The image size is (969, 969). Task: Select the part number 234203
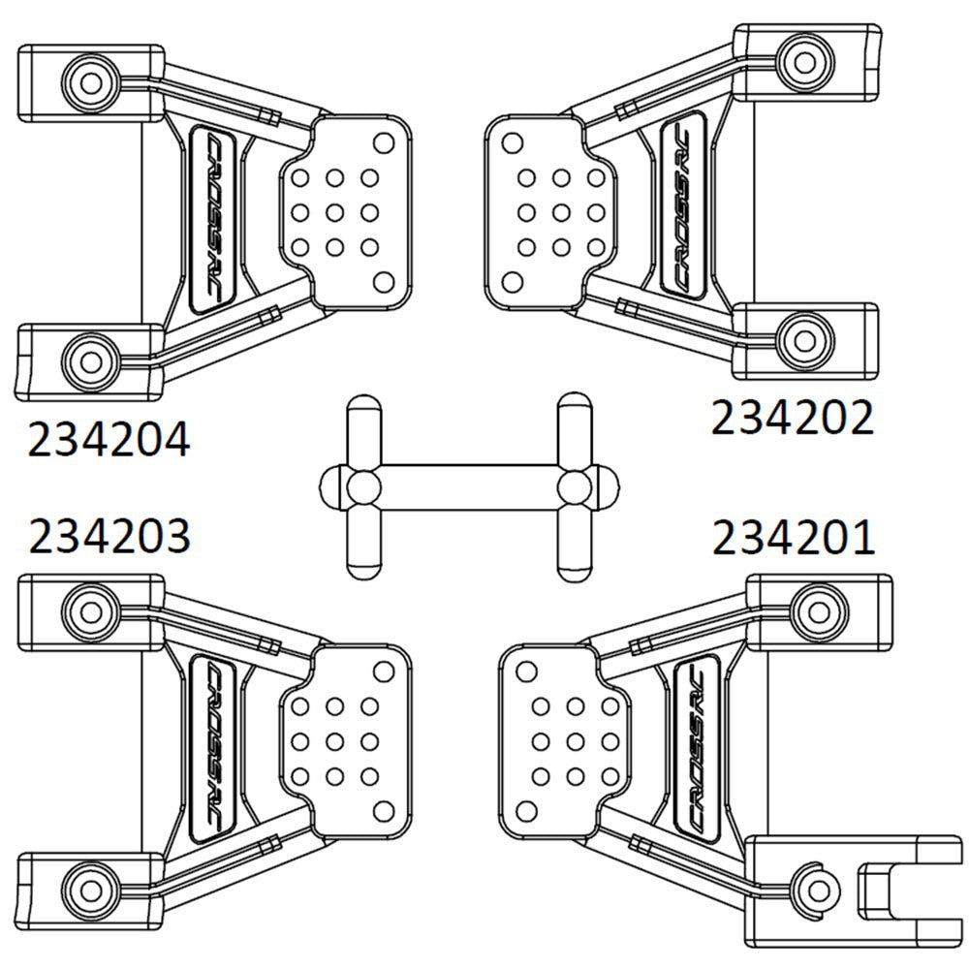point(109,536)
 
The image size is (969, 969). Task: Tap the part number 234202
point(793,419)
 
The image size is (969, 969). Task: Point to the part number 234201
point(794,538)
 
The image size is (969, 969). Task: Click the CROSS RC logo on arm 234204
point(214,220)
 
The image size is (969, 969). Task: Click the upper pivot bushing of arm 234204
point(91,79)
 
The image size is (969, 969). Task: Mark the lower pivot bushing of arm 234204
point(91,361)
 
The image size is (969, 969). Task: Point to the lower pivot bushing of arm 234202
point(801,337)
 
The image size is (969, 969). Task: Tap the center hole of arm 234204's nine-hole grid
point(335,212)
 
